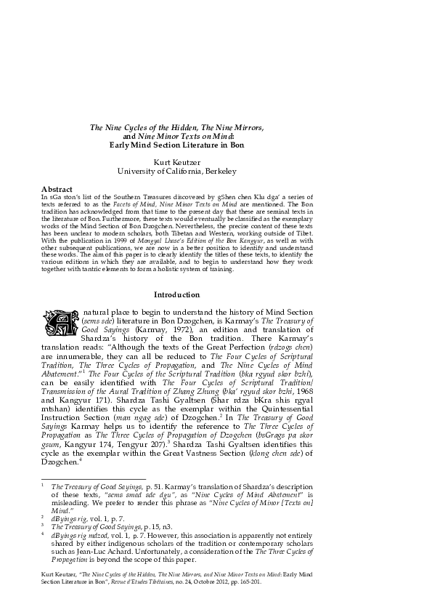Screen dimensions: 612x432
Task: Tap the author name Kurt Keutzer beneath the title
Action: (177, 160)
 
